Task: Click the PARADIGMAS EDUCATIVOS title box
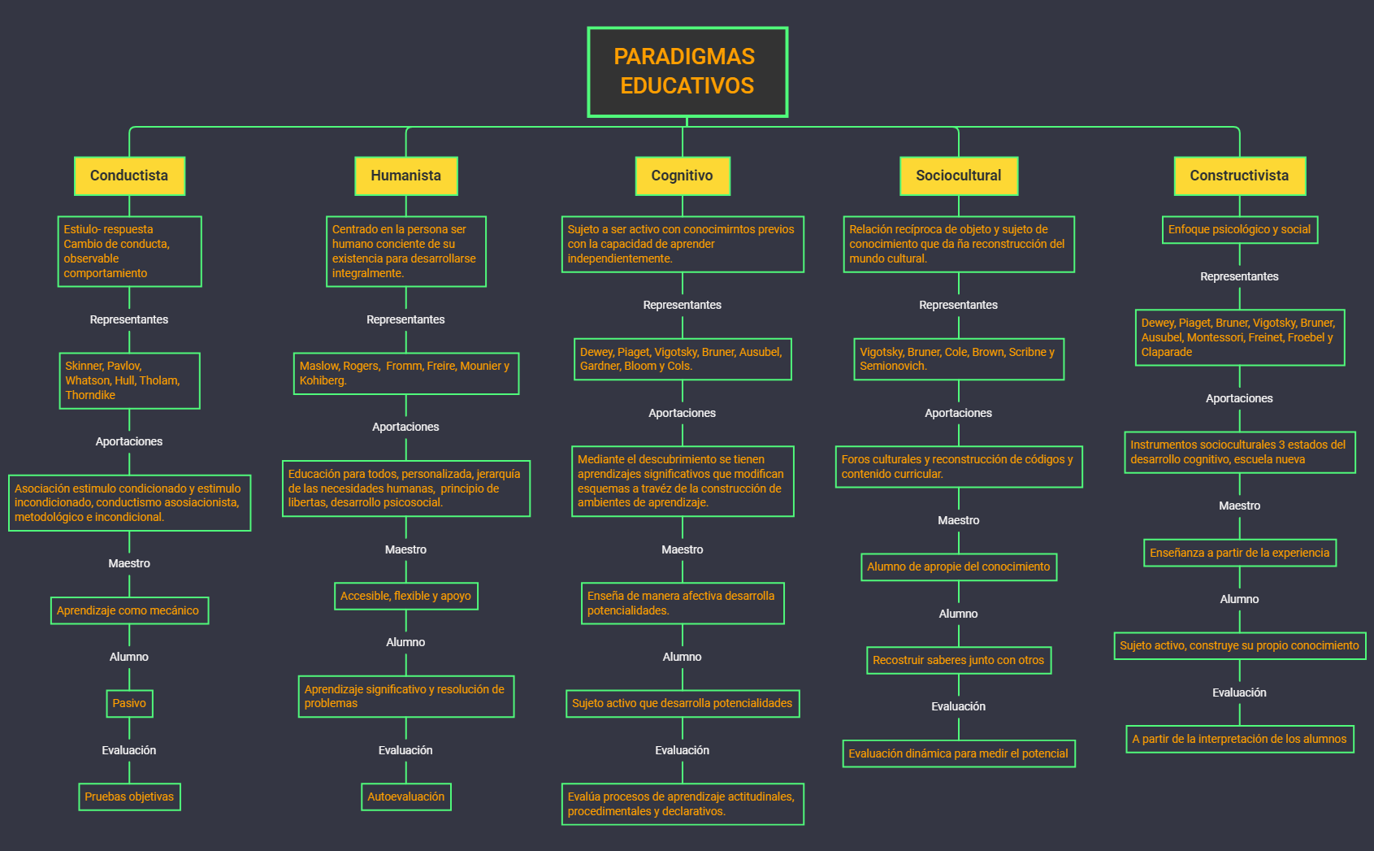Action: (687, 72)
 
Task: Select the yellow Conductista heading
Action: (129, 176)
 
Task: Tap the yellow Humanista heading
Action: (405, 176)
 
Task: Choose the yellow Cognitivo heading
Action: (682, 176)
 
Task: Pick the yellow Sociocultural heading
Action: (958, 176)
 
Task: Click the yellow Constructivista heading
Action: (1239, 176)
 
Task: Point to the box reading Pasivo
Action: (129, 703)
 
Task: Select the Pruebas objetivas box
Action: (129, 797)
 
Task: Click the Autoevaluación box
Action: (405, 797)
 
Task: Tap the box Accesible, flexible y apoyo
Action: (405, 596)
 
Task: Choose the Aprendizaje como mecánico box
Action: (128, 610)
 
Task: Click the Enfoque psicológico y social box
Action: (1239, 229)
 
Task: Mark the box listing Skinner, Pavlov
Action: (128, 380)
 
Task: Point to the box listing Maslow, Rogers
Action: (405, 373)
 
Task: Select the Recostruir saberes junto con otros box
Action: (959, 660)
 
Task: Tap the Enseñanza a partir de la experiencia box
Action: (1239, 553)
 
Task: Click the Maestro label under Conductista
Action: (129, 563)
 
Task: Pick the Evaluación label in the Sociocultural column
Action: (959, 706)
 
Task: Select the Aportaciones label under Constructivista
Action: (1239, 398)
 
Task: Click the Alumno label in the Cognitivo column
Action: (682, 657)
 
